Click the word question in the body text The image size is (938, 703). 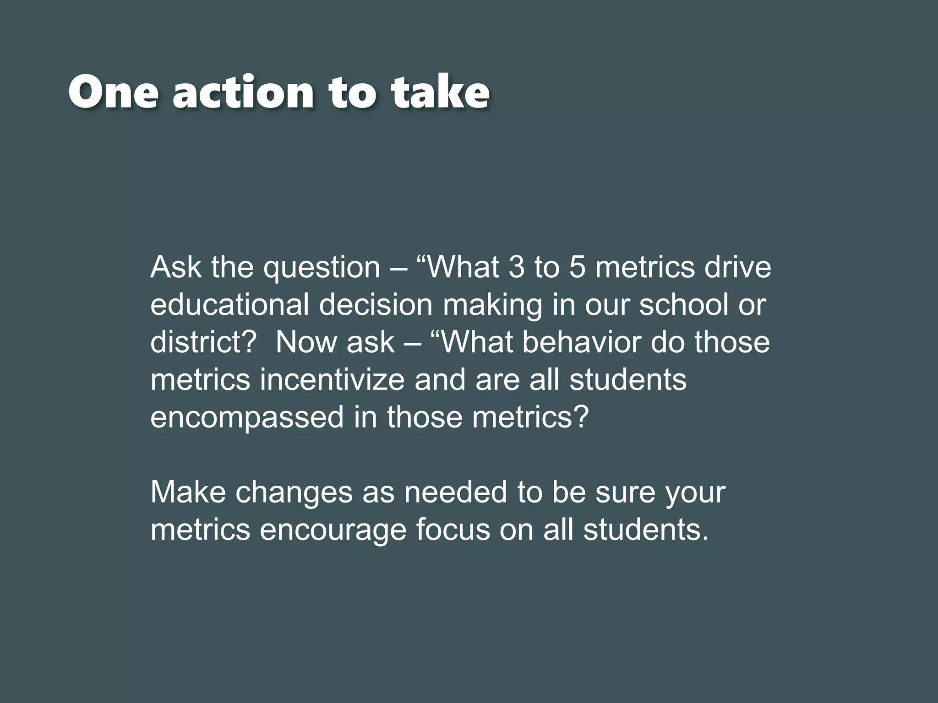[322, 268]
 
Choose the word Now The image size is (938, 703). [306, 342]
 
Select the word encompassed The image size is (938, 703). [247, 418]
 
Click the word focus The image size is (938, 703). [453, 530]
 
